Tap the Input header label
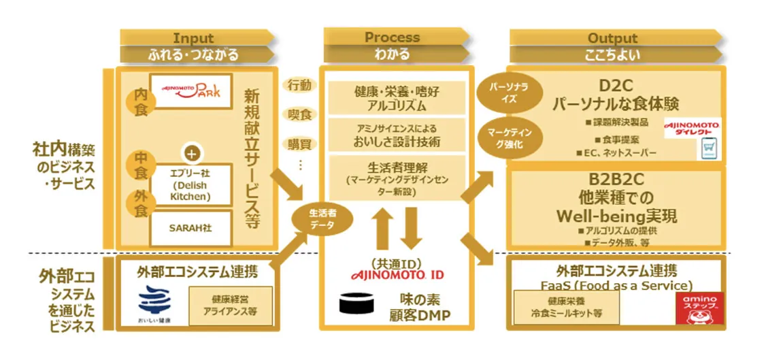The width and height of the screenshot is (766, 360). point(193,38)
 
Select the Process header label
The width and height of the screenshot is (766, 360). point(392,37)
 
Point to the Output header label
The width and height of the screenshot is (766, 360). point(612,38)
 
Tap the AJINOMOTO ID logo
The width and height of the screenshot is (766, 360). point(397,275)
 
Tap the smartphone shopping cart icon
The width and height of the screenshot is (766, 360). point(710,149)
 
